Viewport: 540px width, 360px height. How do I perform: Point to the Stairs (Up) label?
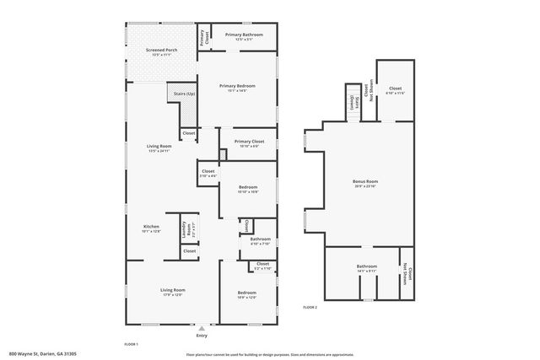[184, 93]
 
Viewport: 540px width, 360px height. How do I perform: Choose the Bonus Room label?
[365, 182]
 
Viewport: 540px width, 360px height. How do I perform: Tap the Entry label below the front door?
[200, 336]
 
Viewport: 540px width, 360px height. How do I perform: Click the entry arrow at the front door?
[200, 327]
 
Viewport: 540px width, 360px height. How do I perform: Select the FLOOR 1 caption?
[132, 345]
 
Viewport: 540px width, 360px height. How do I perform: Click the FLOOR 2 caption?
[310, 307]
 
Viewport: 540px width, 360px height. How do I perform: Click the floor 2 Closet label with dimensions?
[395, 89]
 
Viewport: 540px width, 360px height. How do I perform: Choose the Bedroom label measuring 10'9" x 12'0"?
[246, 295]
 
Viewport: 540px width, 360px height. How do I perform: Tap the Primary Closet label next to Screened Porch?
[203, 38]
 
